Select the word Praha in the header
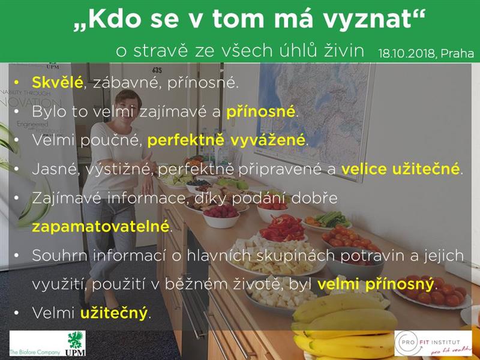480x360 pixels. coord(457,53)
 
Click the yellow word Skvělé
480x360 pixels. coord(58,82)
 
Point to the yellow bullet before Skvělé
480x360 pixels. coord(16,82)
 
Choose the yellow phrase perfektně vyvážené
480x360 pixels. coord(226,140)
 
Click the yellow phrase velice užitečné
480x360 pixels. coord(400,169)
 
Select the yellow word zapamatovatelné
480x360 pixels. coord(100,227)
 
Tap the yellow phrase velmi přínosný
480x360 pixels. coord(376,284)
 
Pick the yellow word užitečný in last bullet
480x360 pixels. coord(114,313)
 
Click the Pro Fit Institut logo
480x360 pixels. coord(433,343)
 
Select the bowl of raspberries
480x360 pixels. coord(221,217)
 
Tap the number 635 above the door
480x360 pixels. coord(157,70)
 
